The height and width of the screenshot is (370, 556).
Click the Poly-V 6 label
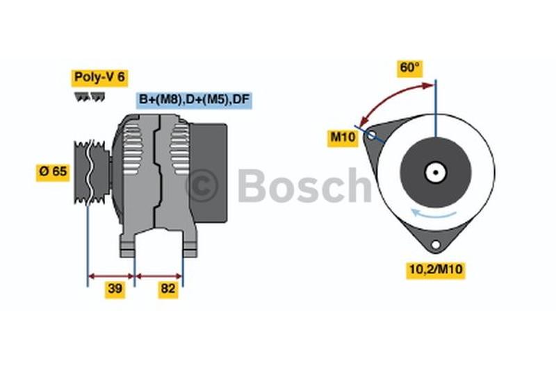99,78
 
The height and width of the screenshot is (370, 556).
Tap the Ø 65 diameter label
53,171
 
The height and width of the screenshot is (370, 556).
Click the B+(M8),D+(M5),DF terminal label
194,100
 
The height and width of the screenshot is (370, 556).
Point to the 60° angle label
410,68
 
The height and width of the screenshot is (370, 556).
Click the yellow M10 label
343,137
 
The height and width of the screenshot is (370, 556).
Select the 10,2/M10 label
436,269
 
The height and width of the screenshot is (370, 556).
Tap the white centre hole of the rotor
436,172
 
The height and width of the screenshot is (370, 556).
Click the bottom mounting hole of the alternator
436,244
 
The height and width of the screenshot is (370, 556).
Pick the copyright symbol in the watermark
202,185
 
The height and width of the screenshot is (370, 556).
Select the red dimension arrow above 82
158,276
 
